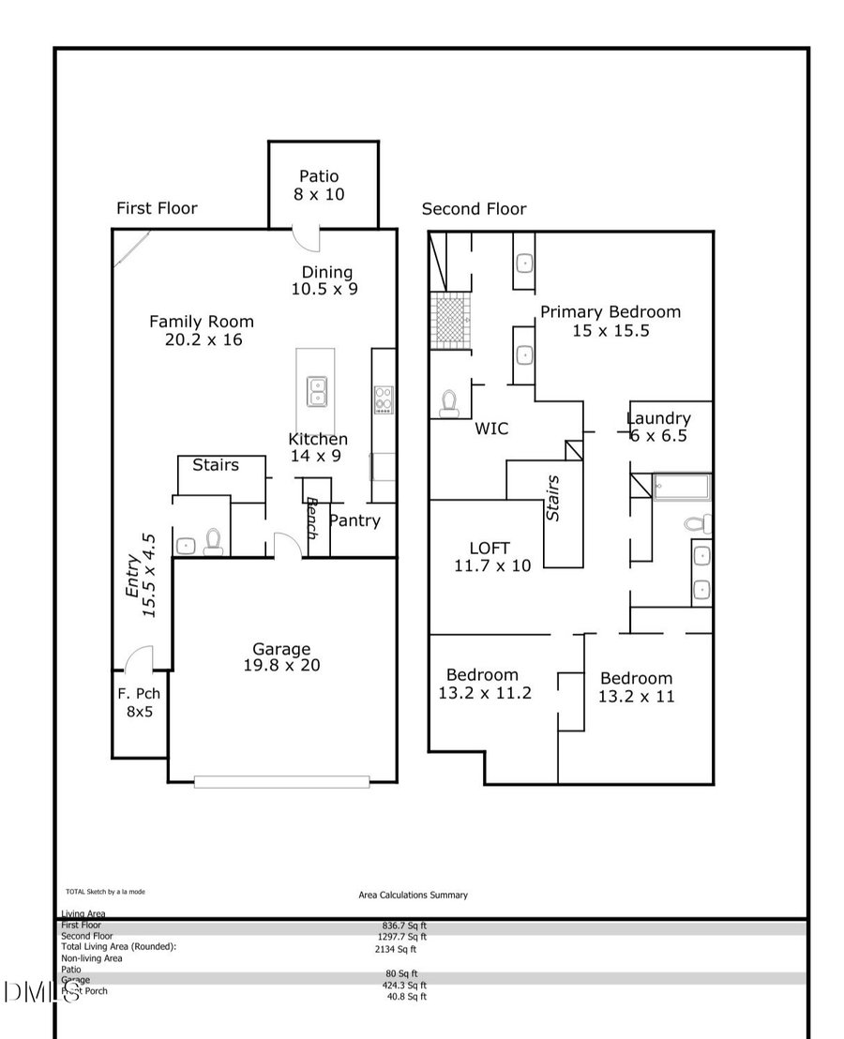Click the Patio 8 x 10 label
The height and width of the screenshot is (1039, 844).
pyautogui.click(x=319, y=185)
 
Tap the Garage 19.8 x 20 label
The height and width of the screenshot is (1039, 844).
pyautogui.click(x=280, y=656)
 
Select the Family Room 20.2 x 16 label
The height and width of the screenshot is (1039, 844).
pyautogui.click(x=202, y=330)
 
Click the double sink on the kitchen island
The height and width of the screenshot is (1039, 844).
pyautogui.click(x=317, y=391)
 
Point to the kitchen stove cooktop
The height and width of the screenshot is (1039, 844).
pyautogui.click(x=384, y=399)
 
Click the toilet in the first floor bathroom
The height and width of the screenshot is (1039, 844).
pyautogui.click(x=213, y=542)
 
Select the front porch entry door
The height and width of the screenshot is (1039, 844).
pyautogui.click(x=139, y=660)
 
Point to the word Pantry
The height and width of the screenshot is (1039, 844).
pyautogui.click(x=354, y=520)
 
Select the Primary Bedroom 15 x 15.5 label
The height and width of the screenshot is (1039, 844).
pyautogui.click(x=610, y=321)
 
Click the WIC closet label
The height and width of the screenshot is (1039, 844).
pyautogui.click(x=491, y=429)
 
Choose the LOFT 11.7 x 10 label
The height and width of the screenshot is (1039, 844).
pyautogui.click(x=492, y=557)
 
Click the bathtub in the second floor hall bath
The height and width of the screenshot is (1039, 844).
pyautogui.click(x=682, y=488)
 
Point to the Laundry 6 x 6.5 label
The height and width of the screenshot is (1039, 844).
pyautogui.click(x=658, y=427)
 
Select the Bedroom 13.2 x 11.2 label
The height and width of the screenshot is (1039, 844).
pyautogui.click(x=484, y=684)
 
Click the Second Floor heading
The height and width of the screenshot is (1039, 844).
pyautogui.click(x=474, y=209)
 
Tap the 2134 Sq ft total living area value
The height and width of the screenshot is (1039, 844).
pyautogui.click(x=395, y=949)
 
